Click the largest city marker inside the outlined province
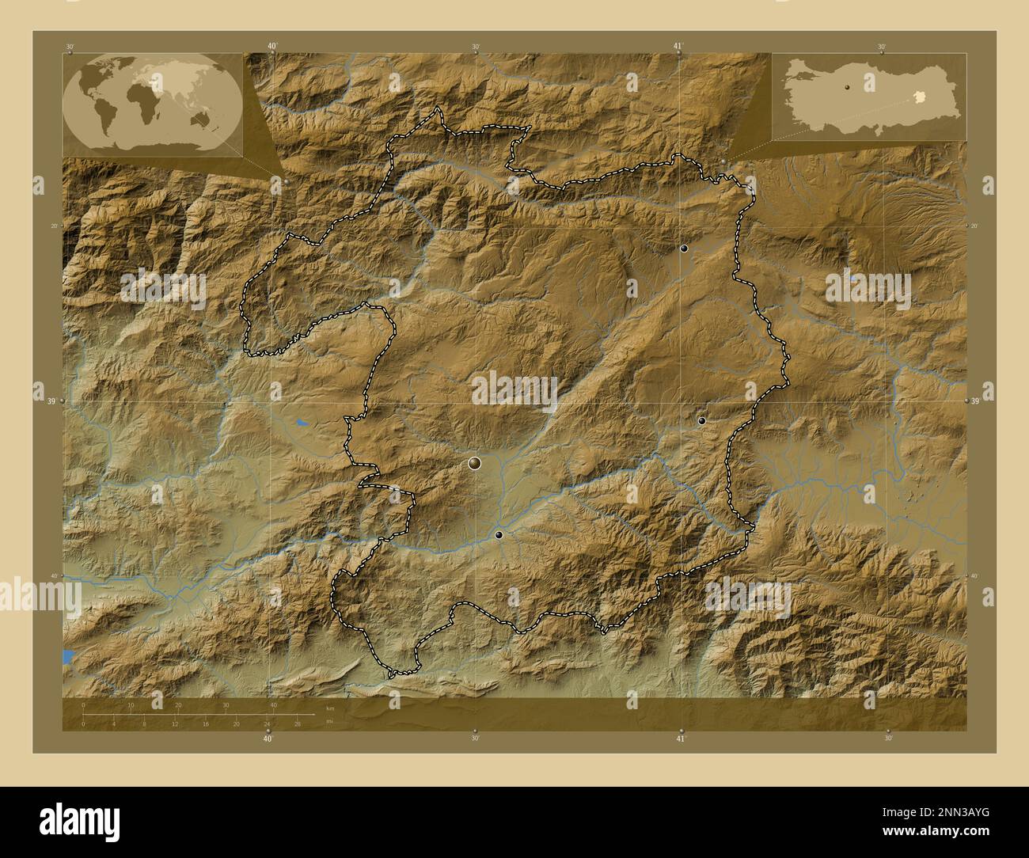pos(475,462)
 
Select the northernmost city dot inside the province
pos(684,249)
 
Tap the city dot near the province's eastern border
pos(701,421)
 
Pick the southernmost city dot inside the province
pos(499,535)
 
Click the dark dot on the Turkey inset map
pos(847,89)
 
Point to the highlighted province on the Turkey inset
pos(917,96)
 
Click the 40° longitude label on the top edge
pos(272,46)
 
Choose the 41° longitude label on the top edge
pos(678,46)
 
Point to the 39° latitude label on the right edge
pos(975,401)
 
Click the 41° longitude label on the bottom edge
pos(680,739)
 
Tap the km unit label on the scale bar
pos(330,708)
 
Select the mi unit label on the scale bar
pos(329,720)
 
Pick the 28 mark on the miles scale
pos(297,724)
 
